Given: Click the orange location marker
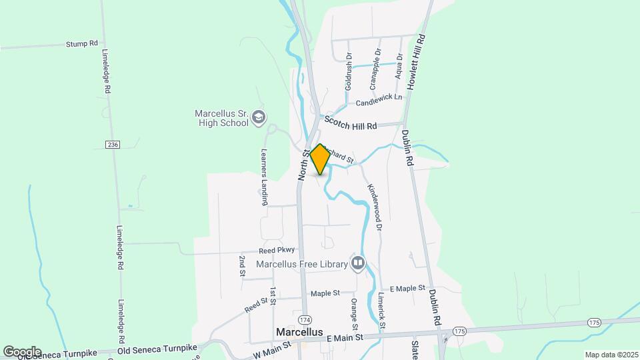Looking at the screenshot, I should (x=320, y=159).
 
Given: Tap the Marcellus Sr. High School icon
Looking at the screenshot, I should (x=259, y=119).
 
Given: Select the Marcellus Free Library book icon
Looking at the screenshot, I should (x=359, y=264).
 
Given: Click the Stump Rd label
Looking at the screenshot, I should (x=82, y=44).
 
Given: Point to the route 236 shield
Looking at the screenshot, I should (x=113, y=145).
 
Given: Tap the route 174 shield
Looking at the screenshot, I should (x=305, y=319).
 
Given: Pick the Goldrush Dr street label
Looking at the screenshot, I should (x=348, y=73).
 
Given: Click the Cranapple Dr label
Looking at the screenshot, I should (x=375, y=69).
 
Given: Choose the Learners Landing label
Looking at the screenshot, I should (x=264, y=176).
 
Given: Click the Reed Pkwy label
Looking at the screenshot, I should (x=277, y=250).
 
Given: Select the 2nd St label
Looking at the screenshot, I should (x=242, y=265).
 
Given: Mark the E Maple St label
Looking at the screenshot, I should (x=407, y=288).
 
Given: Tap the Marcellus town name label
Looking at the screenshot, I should (x=299, y=332).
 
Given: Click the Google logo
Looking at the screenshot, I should (x=22, y=352).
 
